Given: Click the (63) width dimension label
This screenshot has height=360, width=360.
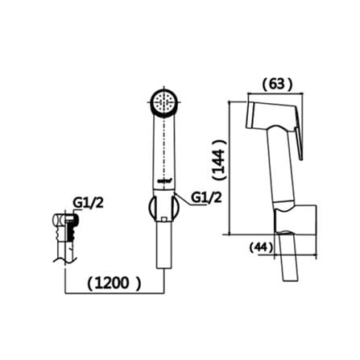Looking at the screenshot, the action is click(277, 85).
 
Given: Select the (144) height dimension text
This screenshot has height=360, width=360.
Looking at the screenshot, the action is click(219, 159).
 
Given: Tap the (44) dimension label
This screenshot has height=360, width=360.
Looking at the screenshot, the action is click(261, 247).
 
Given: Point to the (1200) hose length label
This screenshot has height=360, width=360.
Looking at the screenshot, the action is click(114, 283).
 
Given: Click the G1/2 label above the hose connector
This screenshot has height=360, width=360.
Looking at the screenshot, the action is click(89, 203).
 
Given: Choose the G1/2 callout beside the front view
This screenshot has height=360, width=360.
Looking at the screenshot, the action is click(206, 198).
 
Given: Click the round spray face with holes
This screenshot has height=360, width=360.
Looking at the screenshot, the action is click(163, 102).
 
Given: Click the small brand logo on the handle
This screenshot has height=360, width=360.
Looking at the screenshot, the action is click(163, 181).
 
